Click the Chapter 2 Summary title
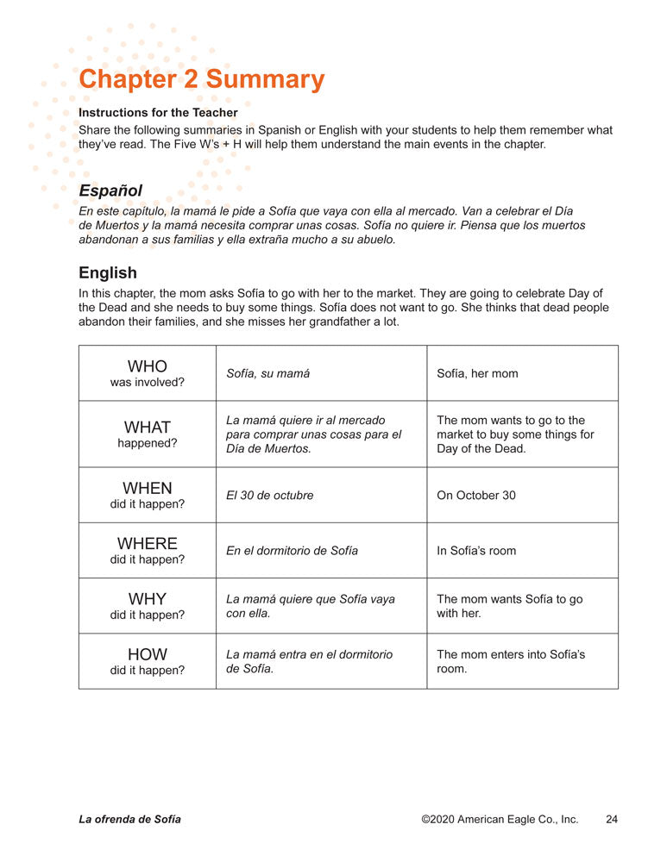point(201,79)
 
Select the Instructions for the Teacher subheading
point(158,112)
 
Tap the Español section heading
point(110,191)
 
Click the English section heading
point(108,272)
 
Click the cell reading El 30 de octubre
point(270,496)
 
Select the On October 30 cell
point(476,496)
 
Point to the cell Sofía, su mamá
point(267,374)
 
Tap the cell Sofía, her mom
point(477,374)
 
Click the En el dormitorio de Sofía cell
point(292,551)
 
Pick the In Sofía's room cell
point(476,551)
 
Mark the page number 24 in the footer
point(612,820)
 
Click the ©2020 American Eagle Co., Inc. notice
point(500,820)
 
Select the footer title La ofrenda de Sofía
point(129,820)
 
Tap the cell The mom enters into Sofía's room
point(511,661)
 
